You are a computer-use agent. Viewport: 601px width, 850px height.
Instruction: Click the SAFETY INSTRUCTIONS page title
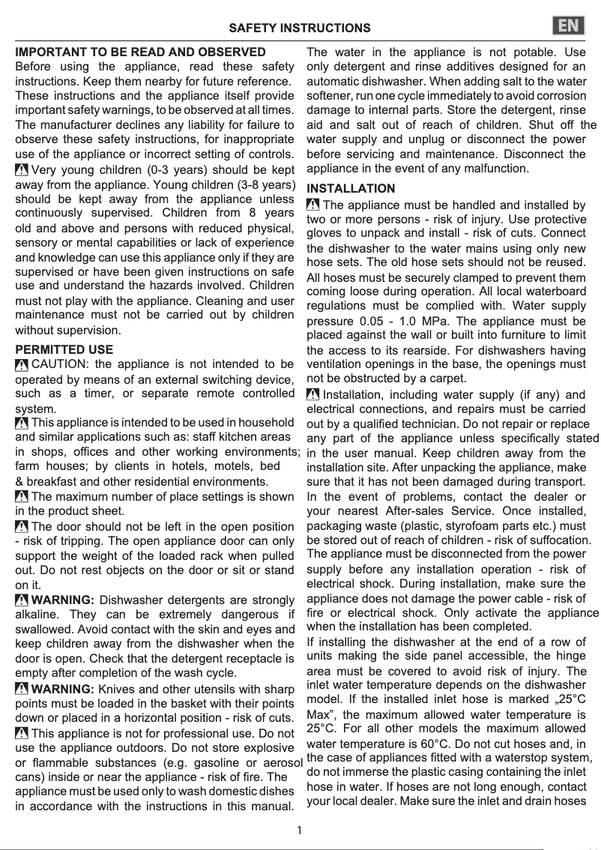click(299, 28)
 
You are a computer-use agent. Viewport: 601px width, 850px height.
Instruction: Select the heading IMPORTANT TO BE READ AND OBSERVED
click(140, 52)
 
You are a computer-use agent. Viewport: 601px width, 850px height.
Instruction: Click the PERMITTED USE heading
click(64, 349)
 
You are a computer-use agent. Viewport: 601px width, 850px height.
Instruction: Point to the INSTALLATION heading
click(351, 188)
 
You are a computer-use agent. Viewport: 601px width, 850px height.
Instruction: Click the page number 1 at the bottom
click(300, 830)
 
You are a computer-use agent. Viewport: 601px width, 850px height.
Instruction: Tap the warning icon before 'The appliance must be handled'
click(313, 205)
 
